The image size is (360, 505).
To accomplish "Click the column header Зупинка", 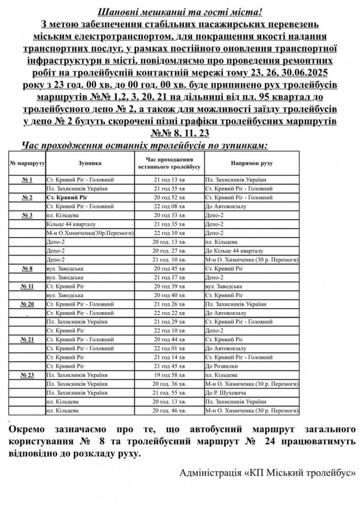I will point(90,163).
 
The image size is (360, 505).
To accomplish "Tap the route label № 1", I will point(27,180).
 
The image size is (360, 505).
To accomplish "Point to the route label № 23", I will point(27,375).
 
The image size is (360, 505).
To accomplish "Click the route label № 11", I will point(27,286).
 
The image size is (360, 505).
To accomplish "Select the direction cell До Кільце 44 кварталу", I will point(235,250).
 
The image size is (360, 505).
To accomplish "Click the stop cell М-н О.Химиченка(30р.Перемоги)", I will point(90,233).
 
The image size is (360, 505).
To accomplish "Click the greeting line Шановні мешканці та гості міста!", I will point(180,11).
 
